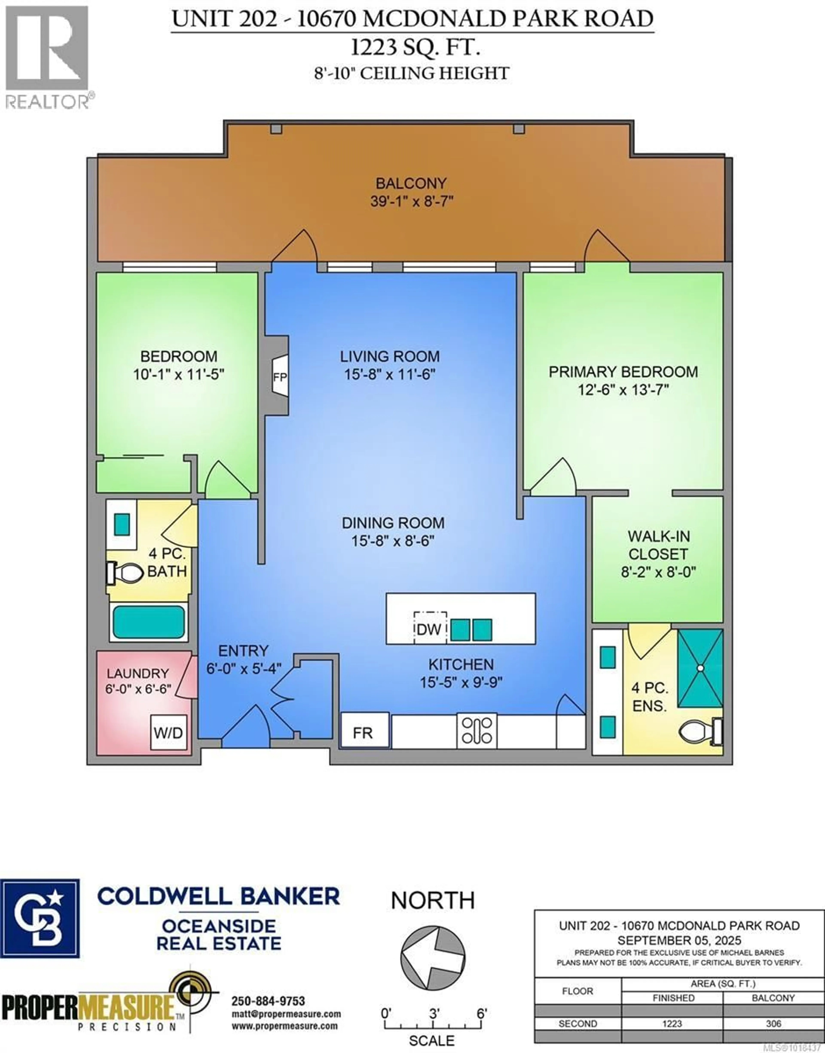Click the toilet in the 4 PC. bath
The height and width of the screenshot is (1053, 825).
(126, 573)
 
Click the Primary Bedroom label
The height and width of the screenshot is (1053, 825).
(623, 372)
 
